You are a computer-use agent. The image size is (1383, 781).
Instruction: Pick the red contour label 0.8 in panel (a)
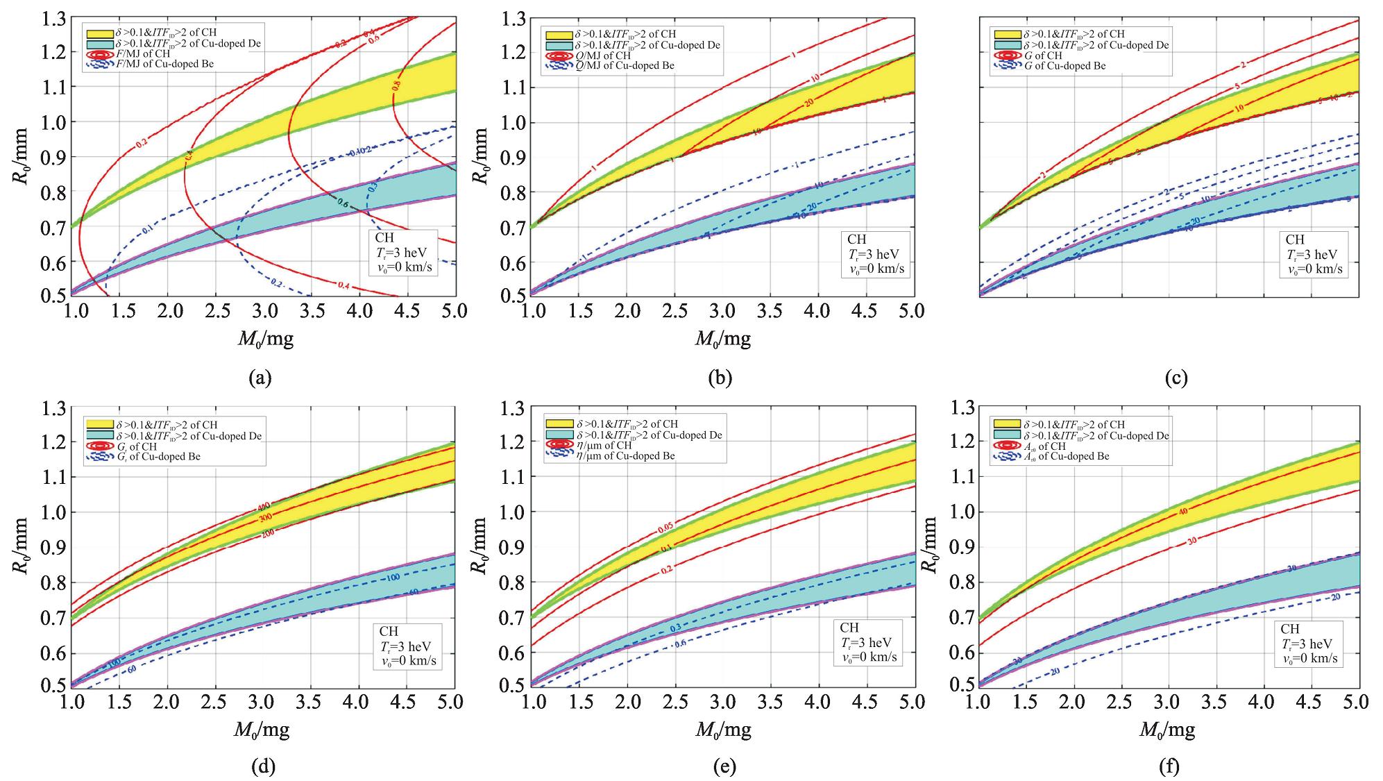397,86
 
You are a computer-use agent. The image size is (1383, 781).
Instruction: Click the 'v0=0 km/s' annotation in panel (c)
1313,269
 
